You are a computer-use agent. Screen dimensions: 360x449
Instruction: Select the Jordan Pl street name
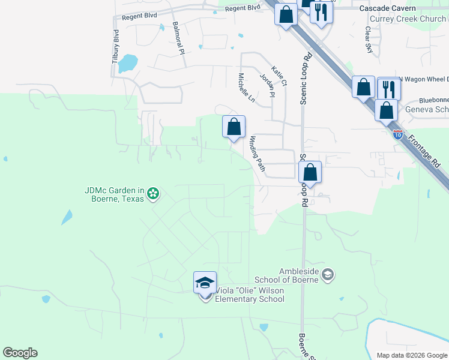(267, 85)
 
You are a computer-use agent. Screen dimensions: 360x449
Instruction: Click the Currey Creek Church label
(408, 19)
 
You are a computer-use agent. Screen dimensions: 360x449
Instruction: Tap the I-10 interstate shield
(398, 134)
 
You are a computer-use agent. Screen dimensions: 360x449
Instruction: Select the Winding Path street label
(257, 154)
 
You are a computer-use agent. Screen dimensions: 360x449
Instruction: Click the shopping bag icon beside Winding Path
(234, 127)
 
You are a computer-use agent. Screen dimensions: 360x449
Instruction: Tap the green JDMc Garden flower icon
(153, 193)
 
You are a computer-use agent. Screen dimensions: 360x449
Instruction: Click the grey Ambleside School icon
(328, 275)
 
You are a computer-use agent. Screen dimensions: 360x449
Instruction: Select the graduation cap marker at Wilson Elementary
(205, 282)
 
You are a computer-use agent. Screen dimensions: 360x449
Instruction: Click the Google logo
(20, 353)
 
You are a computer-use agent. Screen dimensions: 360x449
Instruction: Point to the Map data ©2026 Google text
(412, 355)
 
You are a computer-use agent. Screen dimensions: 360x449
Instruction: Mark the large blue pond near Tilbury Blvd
(127, 62)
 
